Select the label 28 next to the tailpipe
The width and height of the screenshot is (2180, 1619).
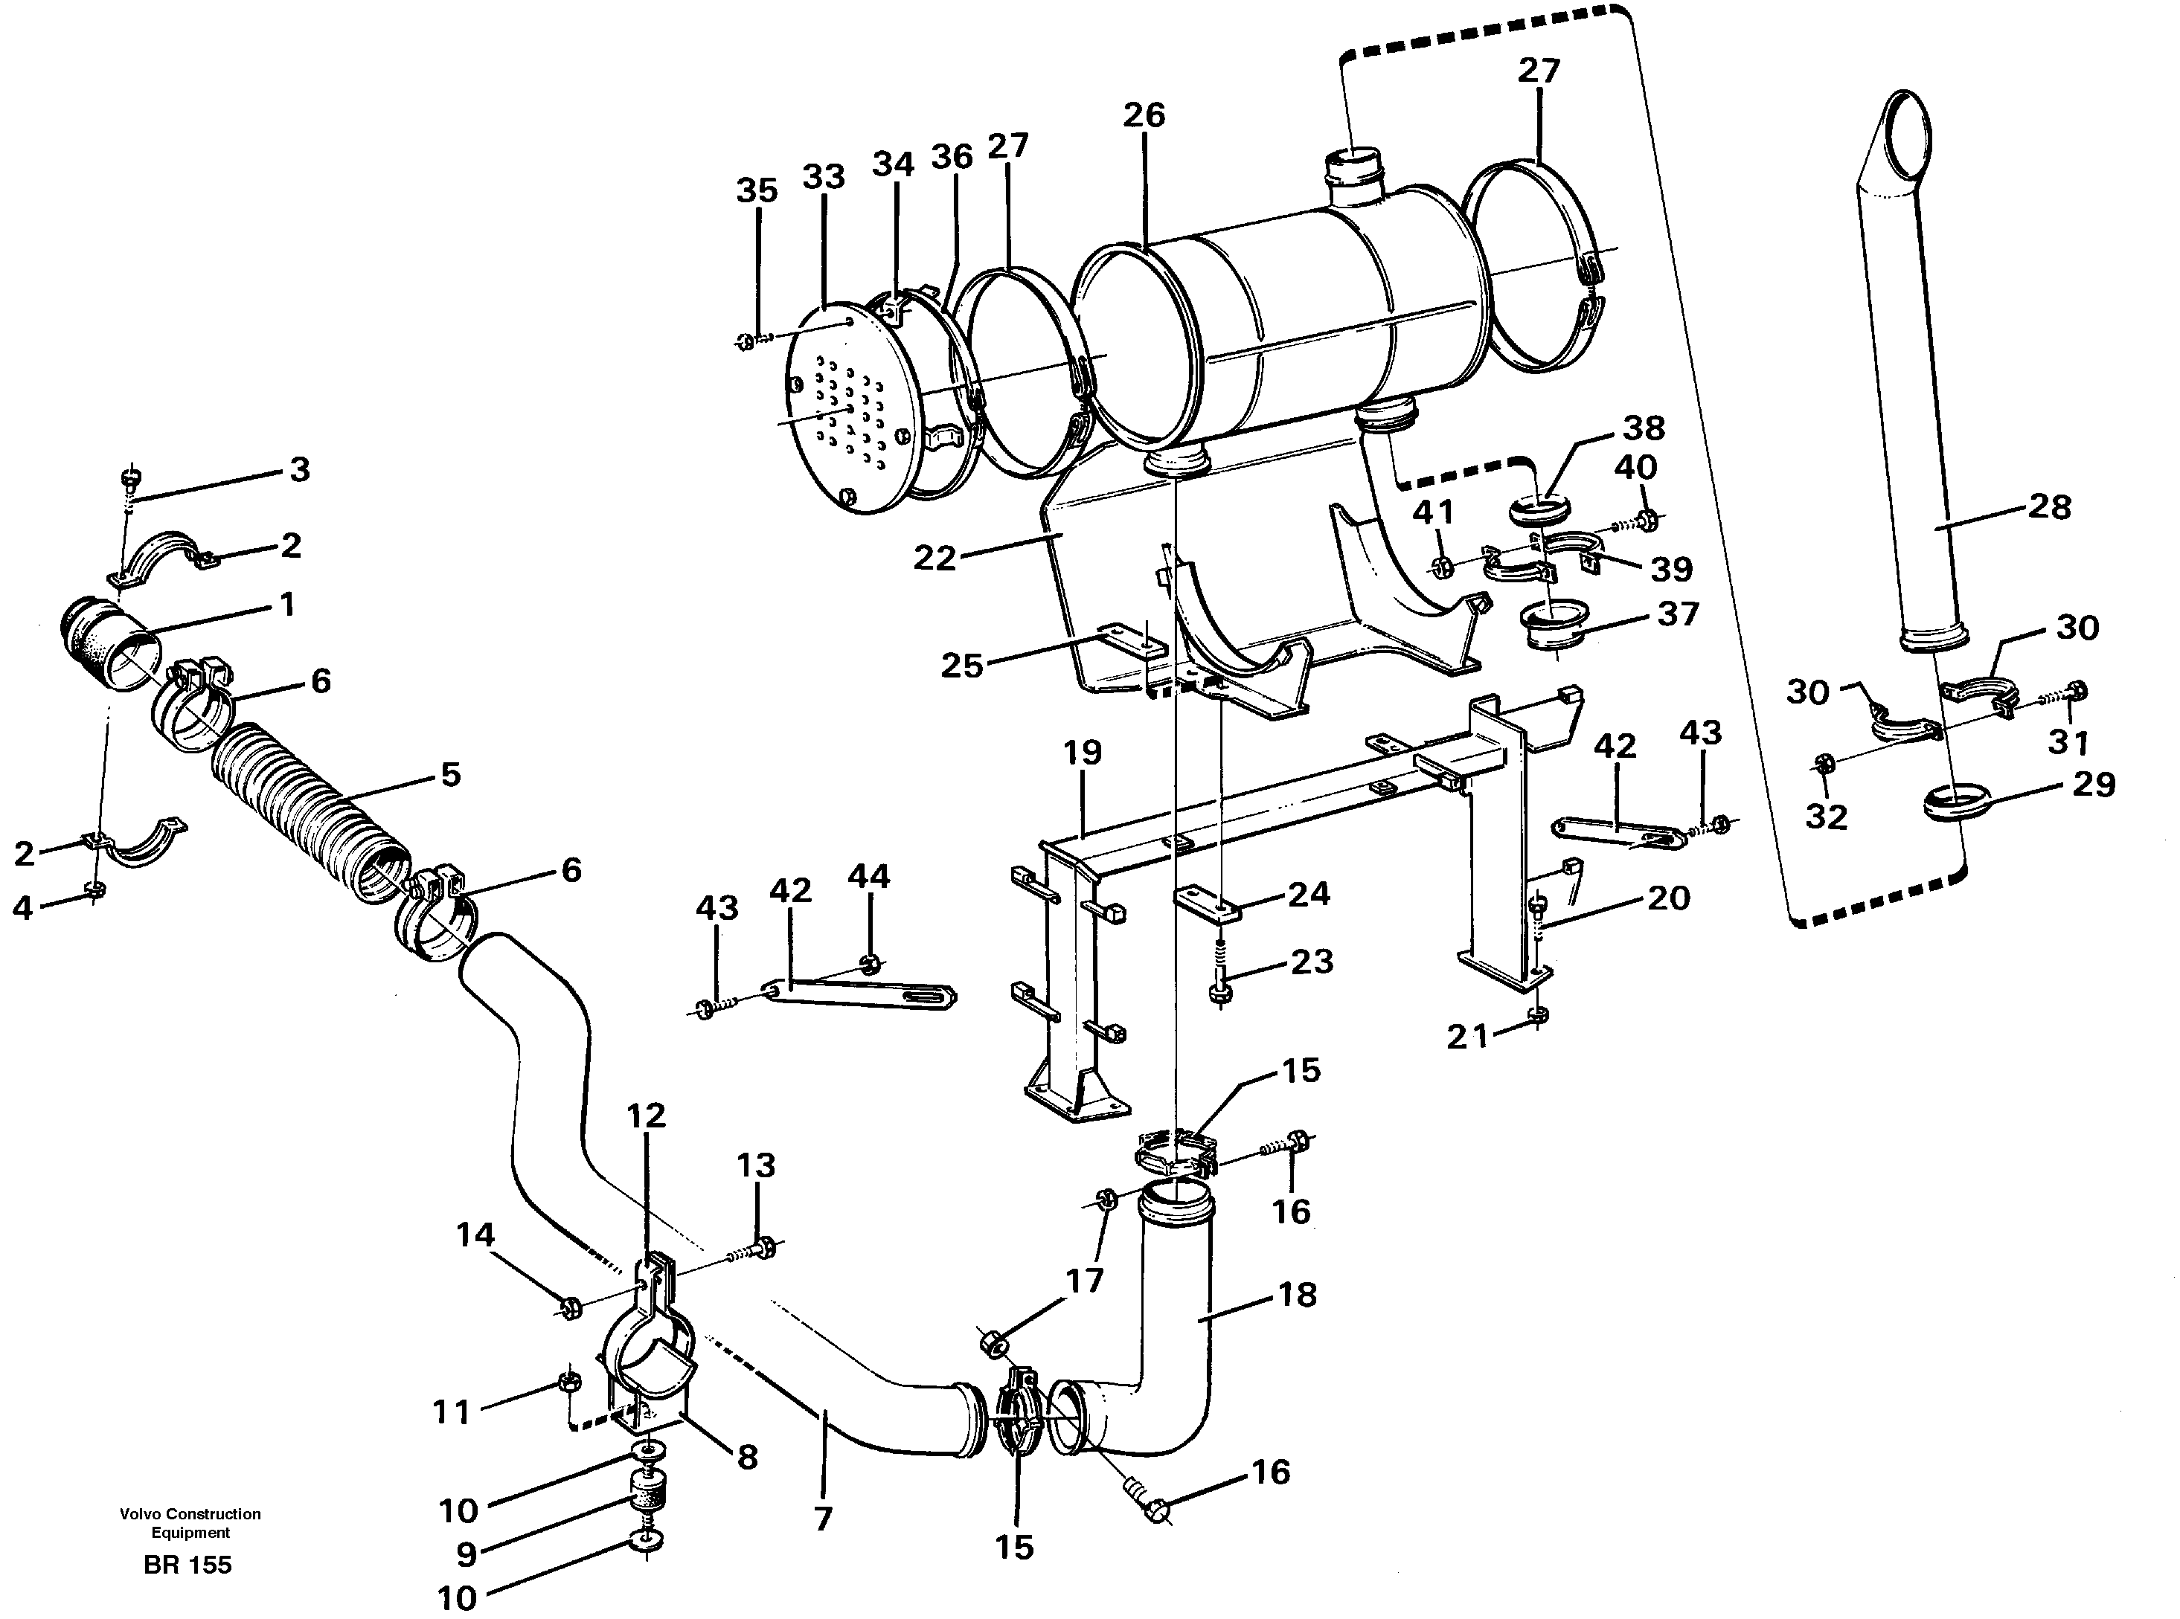[2050, 506]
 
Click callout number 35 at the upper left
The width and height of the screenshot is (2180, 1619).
[757, 191]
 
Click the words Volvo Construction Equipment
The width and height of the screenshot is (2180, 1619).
[190, 1523]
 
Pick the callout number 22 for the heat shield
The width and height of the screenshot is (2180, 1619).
[934, 558]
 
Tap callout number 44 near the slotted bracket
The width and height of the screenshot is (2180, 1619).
[868, 875]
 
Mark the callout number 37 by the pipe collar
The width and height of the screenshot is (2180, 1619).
[1677, 614]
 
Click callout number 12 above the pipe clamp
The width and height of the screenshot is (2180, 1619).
[646, 1116]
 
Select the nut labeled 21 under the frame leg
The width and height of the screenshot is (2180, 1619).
[1539, 1014]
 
